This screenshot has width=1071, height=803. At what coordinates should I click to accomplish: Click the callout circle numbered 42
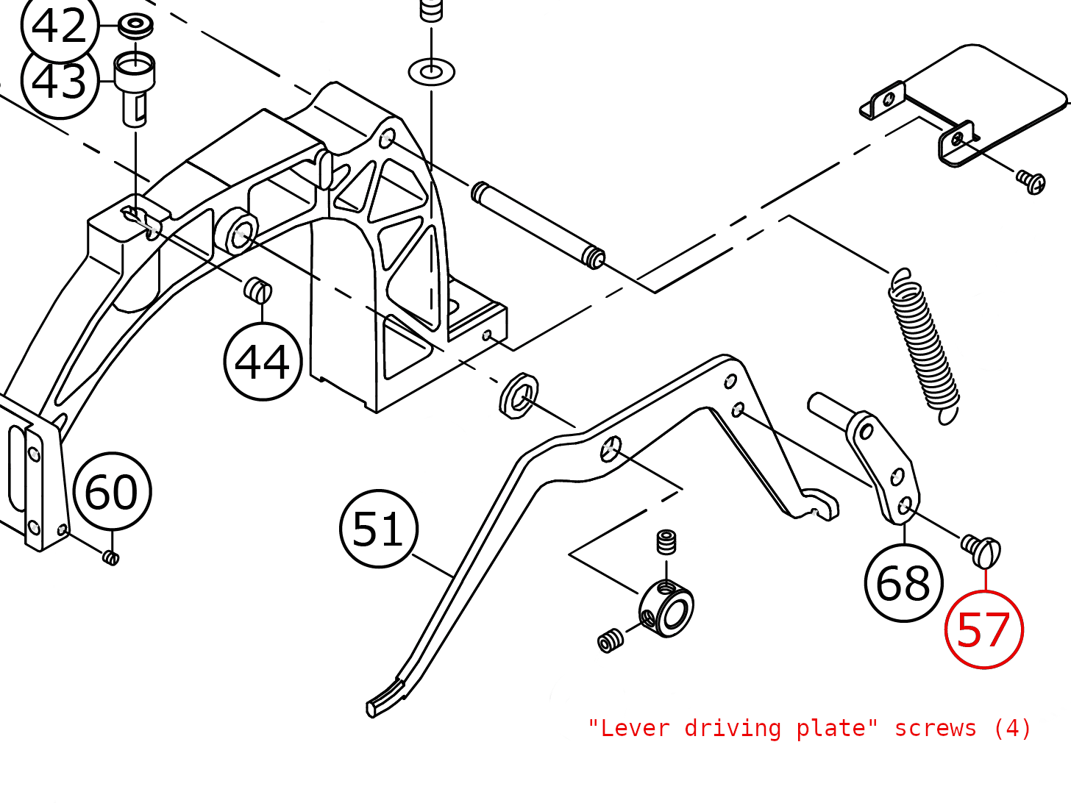59,26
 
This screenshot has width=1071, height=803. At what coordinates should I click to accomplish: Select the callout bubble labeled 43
60,81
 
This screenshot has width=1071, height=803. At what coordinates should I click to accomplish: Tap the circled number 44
263,362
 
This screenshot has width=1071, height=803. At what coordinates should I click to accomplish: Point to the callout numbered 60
112,491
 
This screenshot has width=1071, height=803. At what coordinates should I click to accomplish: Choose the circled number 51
379,529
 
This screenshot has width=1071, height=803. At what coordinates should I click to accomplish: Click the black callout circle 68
903,583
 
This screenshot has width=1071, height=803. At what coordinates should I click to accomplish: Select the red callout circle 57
983,630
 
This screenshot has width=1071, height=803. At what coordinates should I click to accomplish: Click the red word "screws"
935,728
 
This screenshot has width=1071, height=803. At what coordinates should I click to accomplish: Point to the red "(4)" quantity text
1012,728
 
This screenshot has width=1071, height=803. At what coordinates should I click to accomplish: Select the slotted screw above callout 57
981,550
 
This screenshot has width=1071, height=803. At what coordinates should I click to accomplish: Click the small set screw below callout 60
110,557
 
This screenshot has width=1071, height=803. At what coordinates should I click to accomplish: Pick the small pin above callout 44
258,290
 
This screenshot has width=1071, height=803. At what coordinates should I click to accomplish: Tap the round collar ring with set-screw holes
666,608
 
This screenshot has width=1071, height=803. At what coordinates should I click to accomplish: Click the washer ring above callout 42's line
135,25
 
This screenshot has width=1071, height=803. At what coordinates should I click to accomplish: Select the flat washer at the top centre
431,72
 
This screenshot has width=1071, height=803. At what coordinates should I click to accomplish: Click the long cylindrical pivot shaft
538,224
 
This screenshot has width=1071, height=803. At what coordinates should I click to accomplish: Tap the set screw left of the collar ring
611,640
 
